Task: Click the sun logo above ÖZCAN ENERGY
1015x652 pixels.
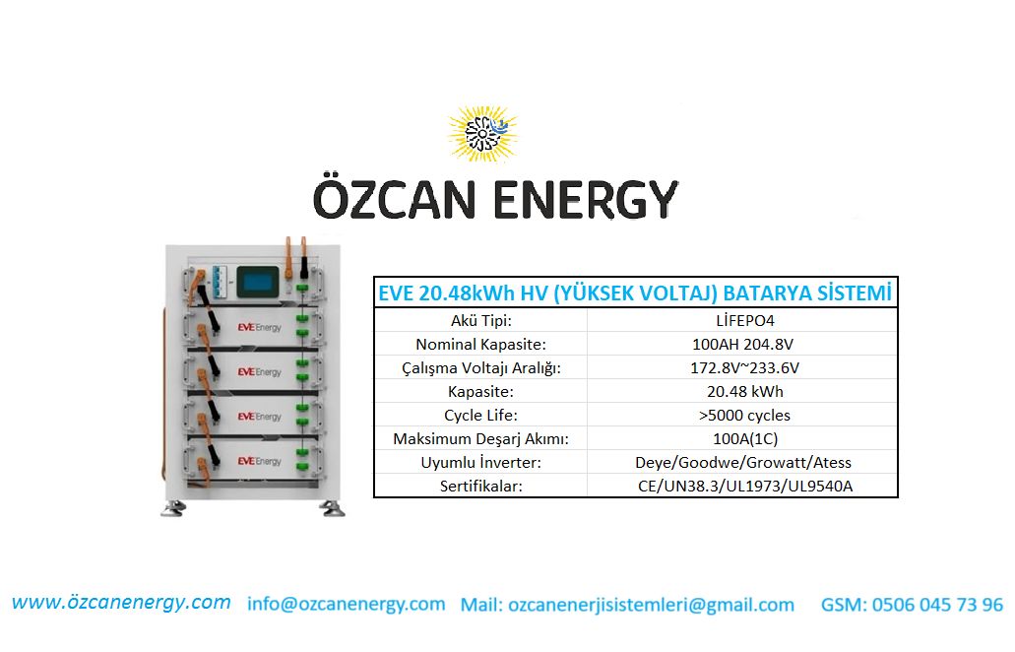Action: pyautogui.click(x=482, y=133)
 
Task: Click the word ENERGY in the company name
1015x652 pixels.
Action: pyautogui.click(x=586, y=200)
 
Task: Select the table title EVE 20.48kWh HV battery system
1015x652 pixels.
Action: pyautogui.click(x=635, y=293)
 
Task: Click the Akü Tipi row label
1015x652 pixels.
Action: pyautogui.click(x=481, y=320)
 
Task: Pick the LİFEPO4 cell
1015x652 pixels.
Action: pyautogui.click(x=744, y=320)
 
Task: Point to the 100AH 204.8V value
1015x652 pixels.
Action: pyautogui.click(x=742, y=345)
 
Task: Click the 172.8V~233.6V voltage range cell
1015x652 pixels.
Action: pyautogui.click(x=744, y=367)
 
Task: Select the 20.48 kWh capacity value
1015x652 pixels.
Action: pyautogui.click(x=744, y=392)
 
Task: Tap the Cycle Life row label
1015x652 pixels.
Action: pyautogui.click(x=480, y=416)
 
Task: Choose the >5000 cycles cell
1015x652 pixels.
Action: pyautogui.click(x=744, y=416)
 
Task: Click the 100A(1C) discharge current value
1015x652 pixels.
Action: pyautogui.click(x=745, y=439)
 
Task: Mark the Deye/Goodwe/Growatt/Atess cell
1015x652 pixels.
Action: pyautogui.click(x=743, y=463)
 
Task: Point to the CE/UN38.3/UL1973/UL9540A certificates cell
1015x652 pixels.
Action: pyautogui.click(x=745, y=487)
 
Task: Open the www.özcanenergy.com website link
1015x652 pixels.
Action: pyautogui.click(x=121, y=603)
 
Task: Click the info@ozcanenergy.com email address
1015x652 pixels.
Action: pyautogui.click(x=347, y=604)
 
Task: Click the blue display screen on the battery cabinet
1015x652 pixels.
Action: pyautogui.click(x=258, y=283)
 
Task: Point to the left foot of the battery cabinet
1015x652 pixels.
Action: pyautogui.click(x=173, y=509)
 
